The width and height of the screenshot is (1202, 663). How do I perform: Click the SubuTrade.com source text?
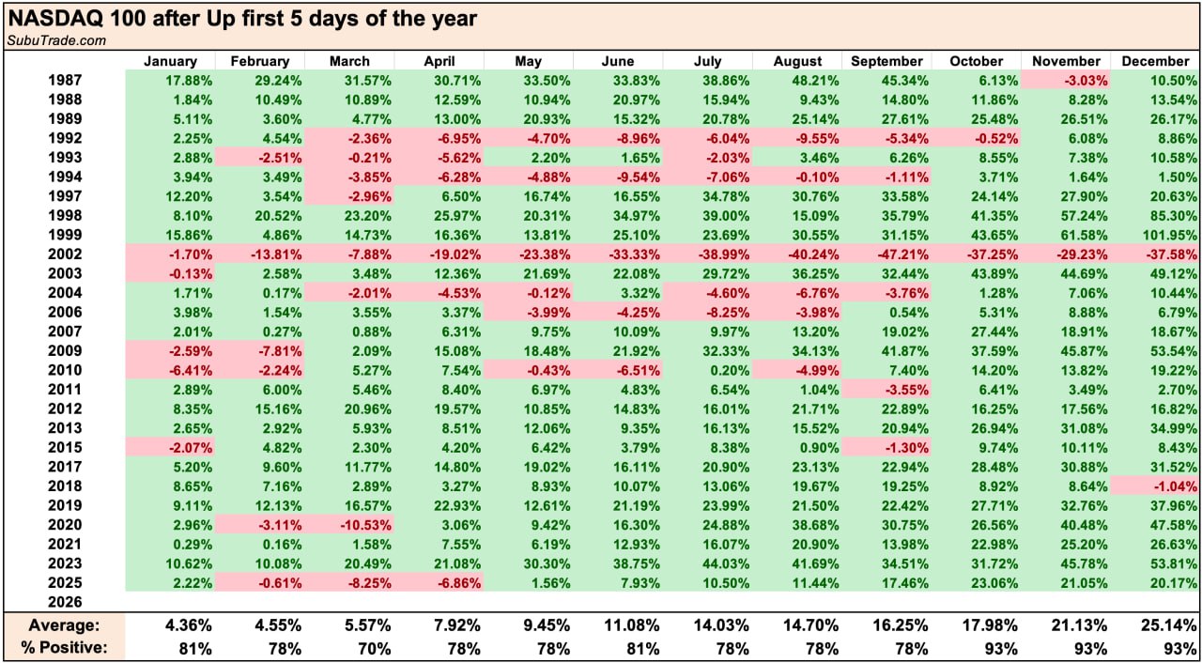click(56, 40)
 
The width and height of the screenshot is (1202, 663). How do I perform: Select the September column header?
click(886, 61)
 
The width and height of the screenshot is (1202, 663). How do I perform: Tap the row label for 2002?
click(65, 254)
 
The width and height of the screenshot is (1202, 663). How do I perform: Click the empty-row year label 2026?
click(65, 602)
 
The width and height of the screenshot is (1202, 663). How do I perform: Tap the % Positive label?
click(68, 647)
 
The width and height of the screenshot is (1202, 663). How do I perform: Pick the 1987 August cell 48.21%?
click(798, 81)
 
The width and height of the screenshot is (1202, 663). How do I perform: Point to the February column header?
click(260, 61)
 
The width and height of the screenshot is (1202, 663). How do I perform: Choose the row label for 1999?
click(65, 235)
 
